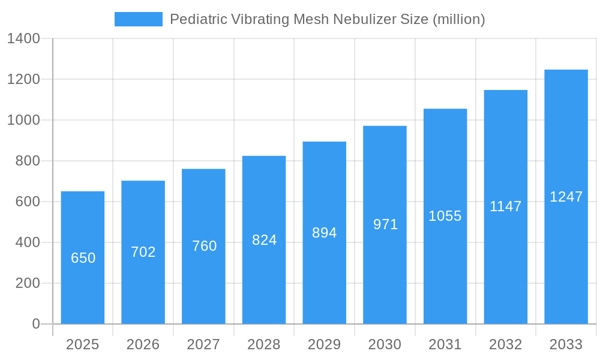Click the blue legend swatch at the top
138,19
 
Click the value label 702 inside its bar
143,252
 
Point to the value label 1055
445,216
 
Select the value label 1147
505,206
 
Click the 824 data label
264,240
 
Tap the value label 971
385,224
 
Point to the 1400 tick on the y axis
23,39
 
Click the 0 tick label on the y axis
35,324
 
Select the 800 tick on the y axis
28,161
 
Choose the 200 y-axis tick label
28,283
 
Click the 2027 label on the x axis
203,344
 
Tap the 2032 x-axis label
505,344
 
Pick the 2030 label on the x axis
385,344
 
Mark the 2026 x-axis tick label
143,344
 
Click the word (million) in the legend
458,19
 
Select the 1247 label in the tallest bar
566,197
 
